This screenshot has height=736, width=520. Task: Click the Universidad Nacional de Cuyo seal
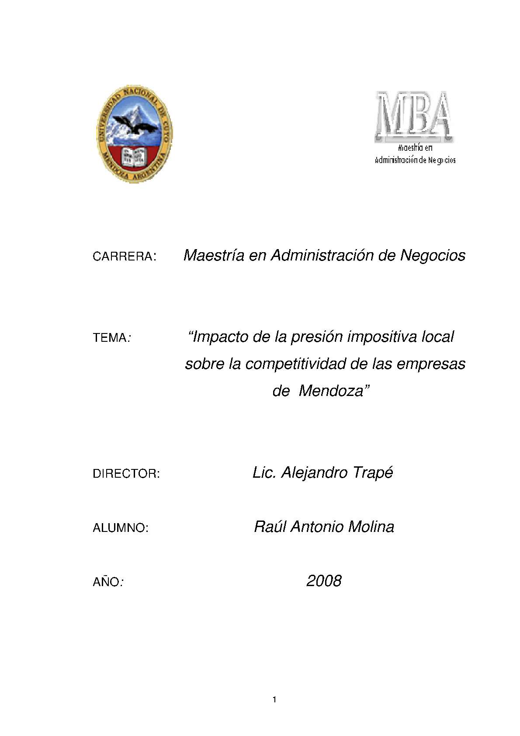(134, 134)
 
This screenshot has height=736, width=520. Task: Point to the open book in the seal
(133, 156)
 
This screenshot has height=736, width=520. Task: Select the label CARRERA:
(124, 257)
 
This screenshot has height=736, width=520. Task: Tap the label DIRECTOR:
(126, 474)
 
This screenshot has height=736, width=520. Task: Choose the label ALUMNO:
(121, 528)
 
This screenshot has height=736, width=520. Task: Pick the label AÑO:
(108, 582)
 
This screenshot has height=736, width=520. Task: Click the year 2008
(324, 581)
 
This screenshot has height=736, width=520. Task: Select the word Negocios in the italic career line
(433, 255)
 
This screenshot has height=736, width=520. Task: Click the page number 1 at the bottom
(274, 700)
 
